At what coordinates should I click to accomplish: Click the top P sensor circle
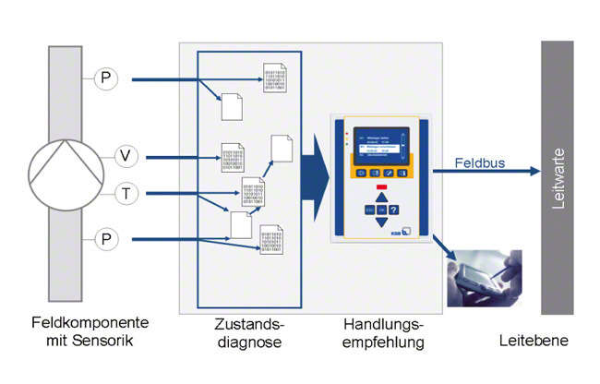click(x=107, y=80)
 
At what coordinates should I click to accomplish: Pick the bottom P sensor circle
click(x=107, y=239)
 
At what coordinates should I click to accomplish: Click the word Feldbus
click(x=480, y=162)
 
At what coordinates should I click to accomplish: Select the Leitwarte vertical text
click(x=557, y=176)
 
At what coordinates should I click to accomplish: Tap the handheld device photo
click(x=484, y=278)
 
